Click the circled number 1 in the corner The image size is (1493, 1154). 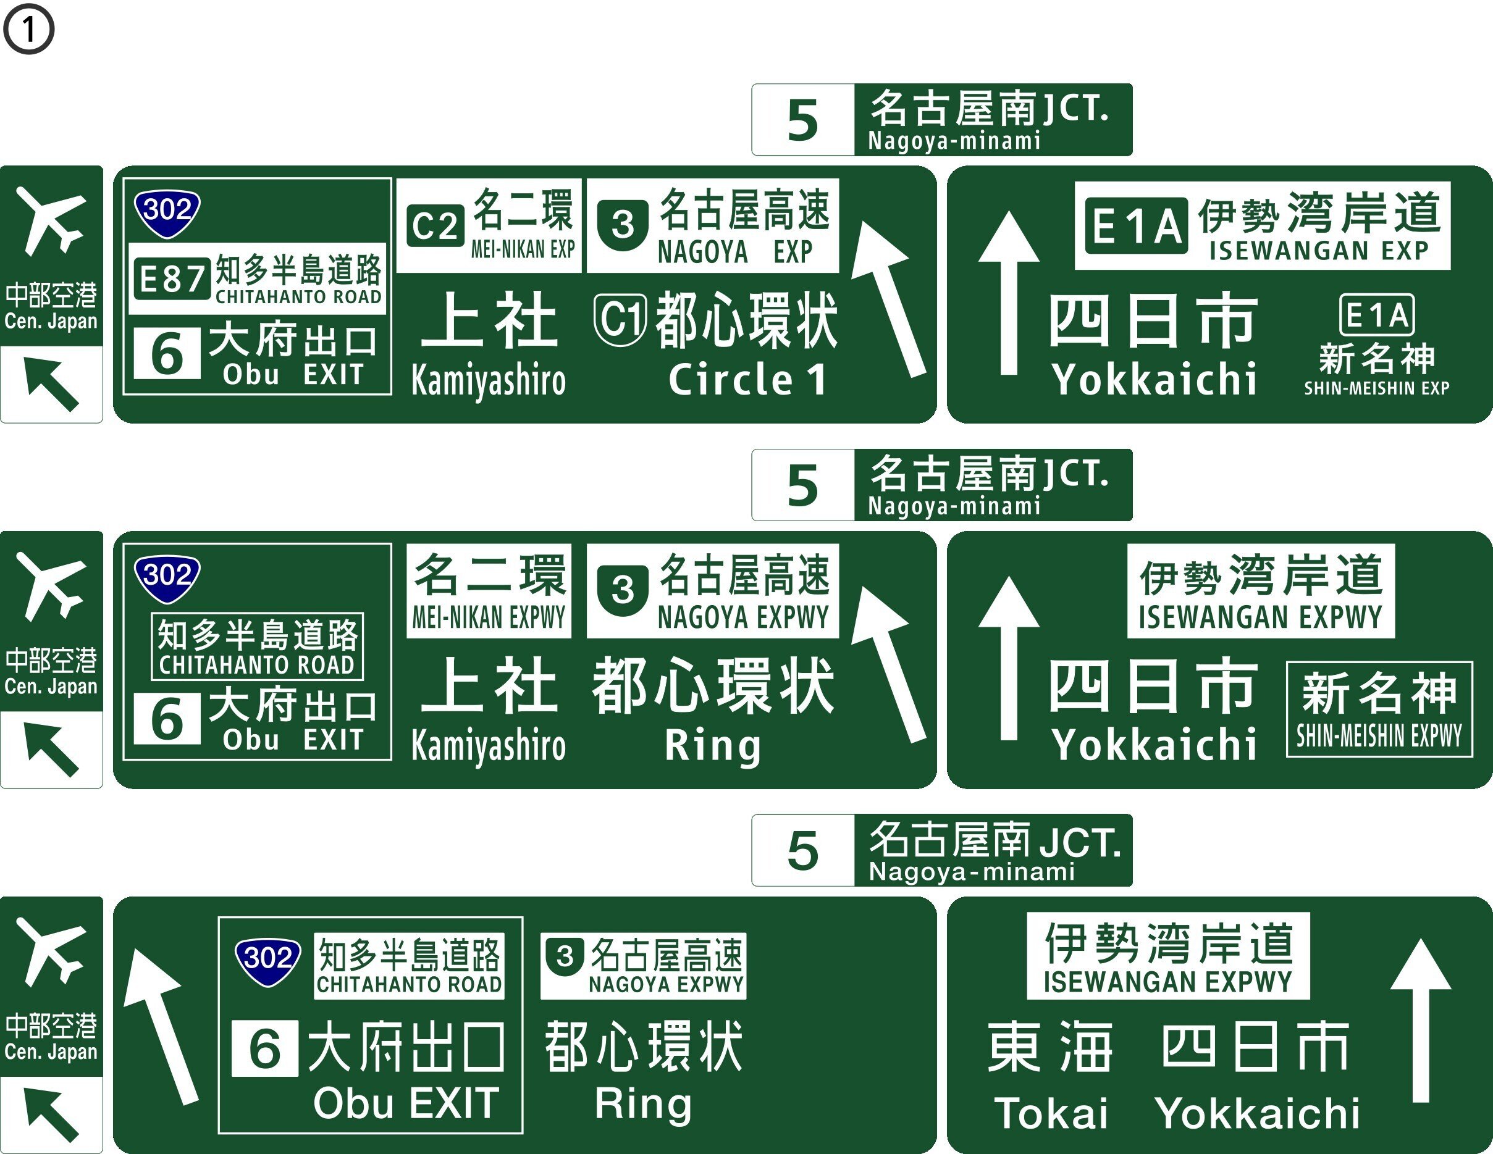[28, 28]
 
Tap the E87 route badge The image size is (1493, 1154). [172, 278]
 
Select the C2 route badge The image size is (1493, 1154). [435, 226]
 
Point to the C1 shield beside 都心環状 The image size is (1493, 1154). [620, 319]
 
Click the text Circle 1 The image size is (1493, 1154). [747, 380]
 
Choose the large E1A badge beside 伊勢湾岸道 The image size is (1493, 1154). [1136, 226]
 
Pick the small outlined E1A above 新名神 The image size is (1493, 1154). [1377, 315]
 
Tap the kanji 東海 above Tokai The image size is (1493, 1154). [1051, 1047]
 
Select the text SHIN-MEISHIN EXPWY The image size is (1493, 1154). [1379, 736]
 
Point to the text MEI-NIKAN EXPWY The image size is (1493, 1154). [488, 617]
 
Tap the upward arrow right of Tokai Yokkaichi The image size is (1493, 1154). [1421, 1018]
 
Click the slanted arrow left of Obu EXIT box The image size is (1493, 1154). [161, 1025]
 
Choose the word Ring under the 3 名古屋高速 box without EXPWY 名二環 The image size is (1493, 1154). [642, 1103]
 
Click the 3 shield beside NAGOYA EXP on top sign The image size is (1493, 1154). [622, 225]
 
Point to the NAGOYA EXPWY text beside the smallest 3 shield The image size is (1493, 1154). [666, 985]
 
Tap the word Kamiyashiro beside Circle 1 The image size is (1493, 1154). [488, 380]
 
